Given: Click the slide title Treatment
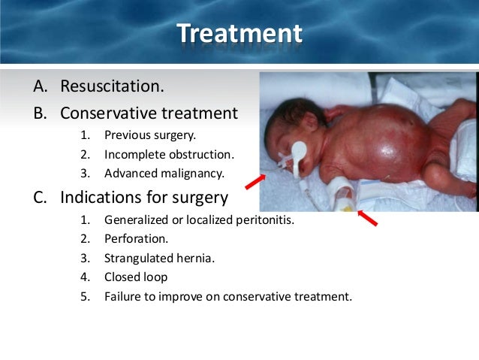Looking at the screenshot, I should [239, 34].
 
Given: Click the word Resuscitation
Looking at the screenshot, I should [111, 86].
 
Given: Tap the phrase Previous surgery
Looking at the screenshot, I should [150, 136].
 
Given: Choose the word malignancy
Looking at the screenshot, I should [195, 174].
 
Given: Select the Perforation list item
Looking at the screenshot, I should [136, 240].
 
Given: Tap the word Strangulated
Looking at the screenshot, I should [139, 259].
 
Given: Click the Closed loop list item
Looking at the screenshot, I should [136, 277].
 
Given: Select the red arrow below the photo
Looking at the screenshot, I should [367, 218].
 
